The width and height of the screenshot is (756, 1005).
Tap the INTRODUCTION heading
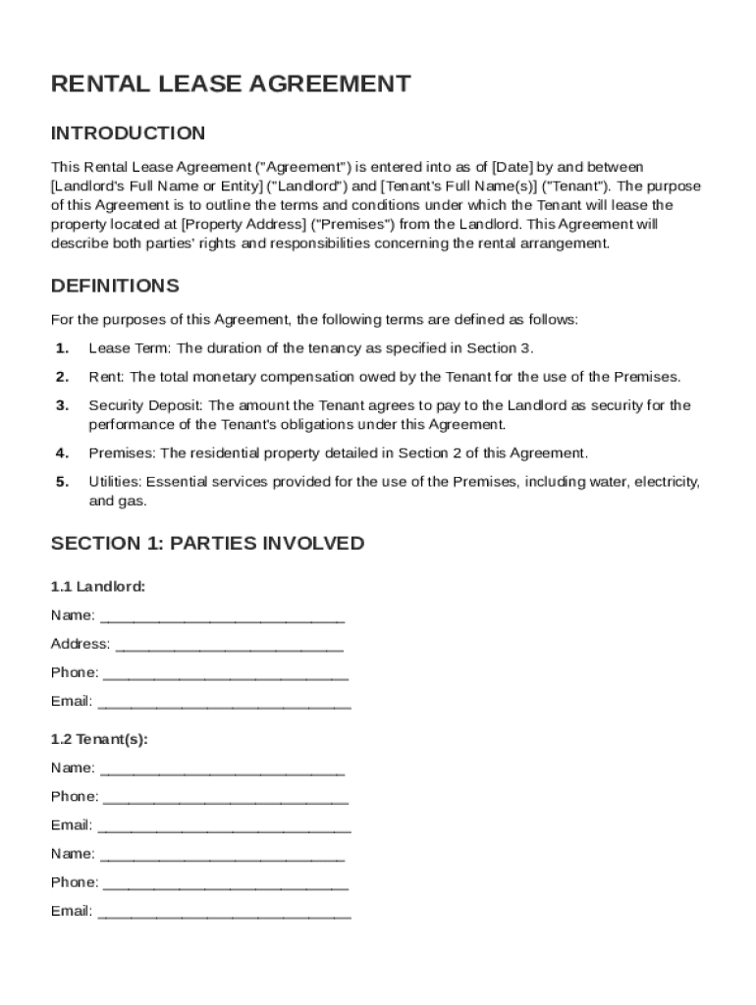coord(128,133)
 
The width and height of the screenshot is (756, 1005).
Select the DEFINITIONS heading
coord(115,287)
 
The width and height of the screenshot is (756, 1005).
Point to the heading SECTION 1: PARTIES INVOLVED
coord(207,544)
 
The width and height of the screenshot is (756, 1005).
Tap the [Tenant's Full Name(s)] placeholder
coord(459,186)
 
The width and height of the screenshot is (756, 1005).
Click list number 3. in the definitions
coord(62,405)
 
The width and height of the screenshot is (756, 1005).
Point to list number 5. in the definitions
coord(62,482)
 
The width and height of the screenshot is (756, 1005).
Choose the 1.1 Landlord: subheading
coord(98,587)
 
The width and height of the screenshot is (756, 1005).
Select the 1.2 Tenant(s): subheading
coord(99,739)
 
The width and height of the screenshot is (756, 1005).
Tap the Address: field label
coord(81,644)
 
